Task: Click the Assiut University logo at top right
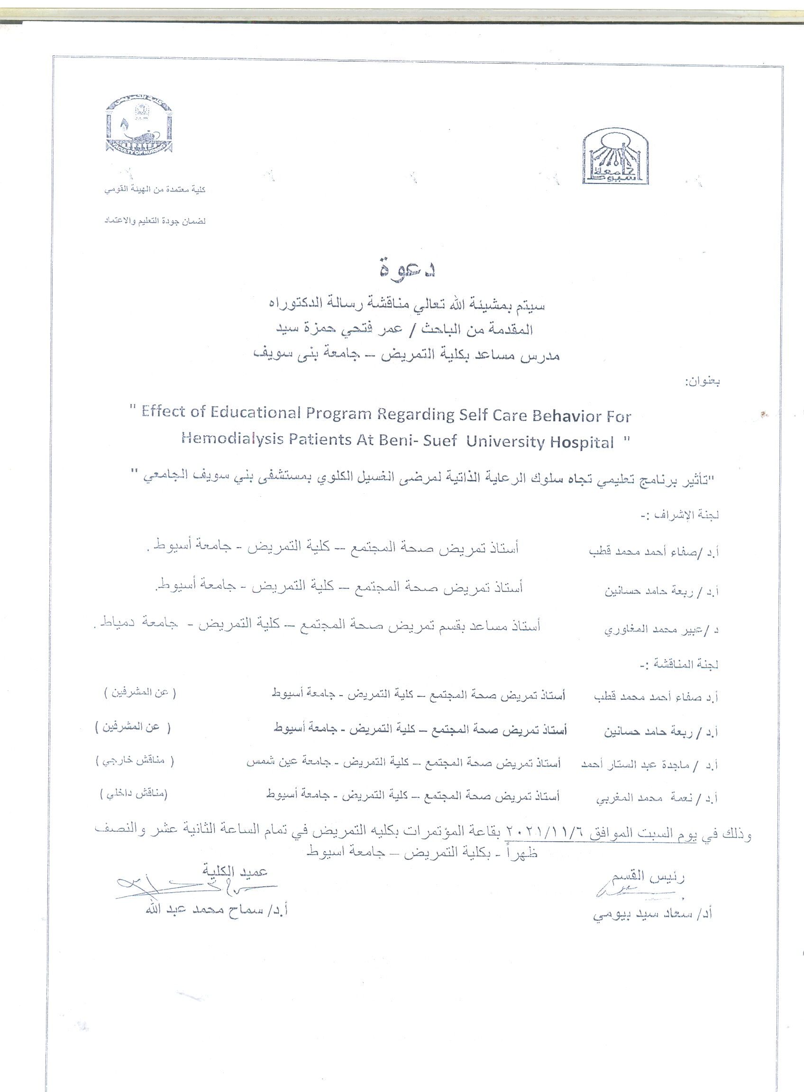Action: point(615,156)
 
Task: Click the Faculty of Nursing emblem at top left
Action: point(139,125)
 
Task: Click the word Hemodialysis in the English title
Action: point(232,439)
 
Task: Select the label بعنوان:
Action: point(702,382)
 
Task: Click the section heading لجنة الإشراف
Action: point(680,514)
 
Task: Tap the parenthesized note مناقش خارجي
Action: point(134,761)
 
